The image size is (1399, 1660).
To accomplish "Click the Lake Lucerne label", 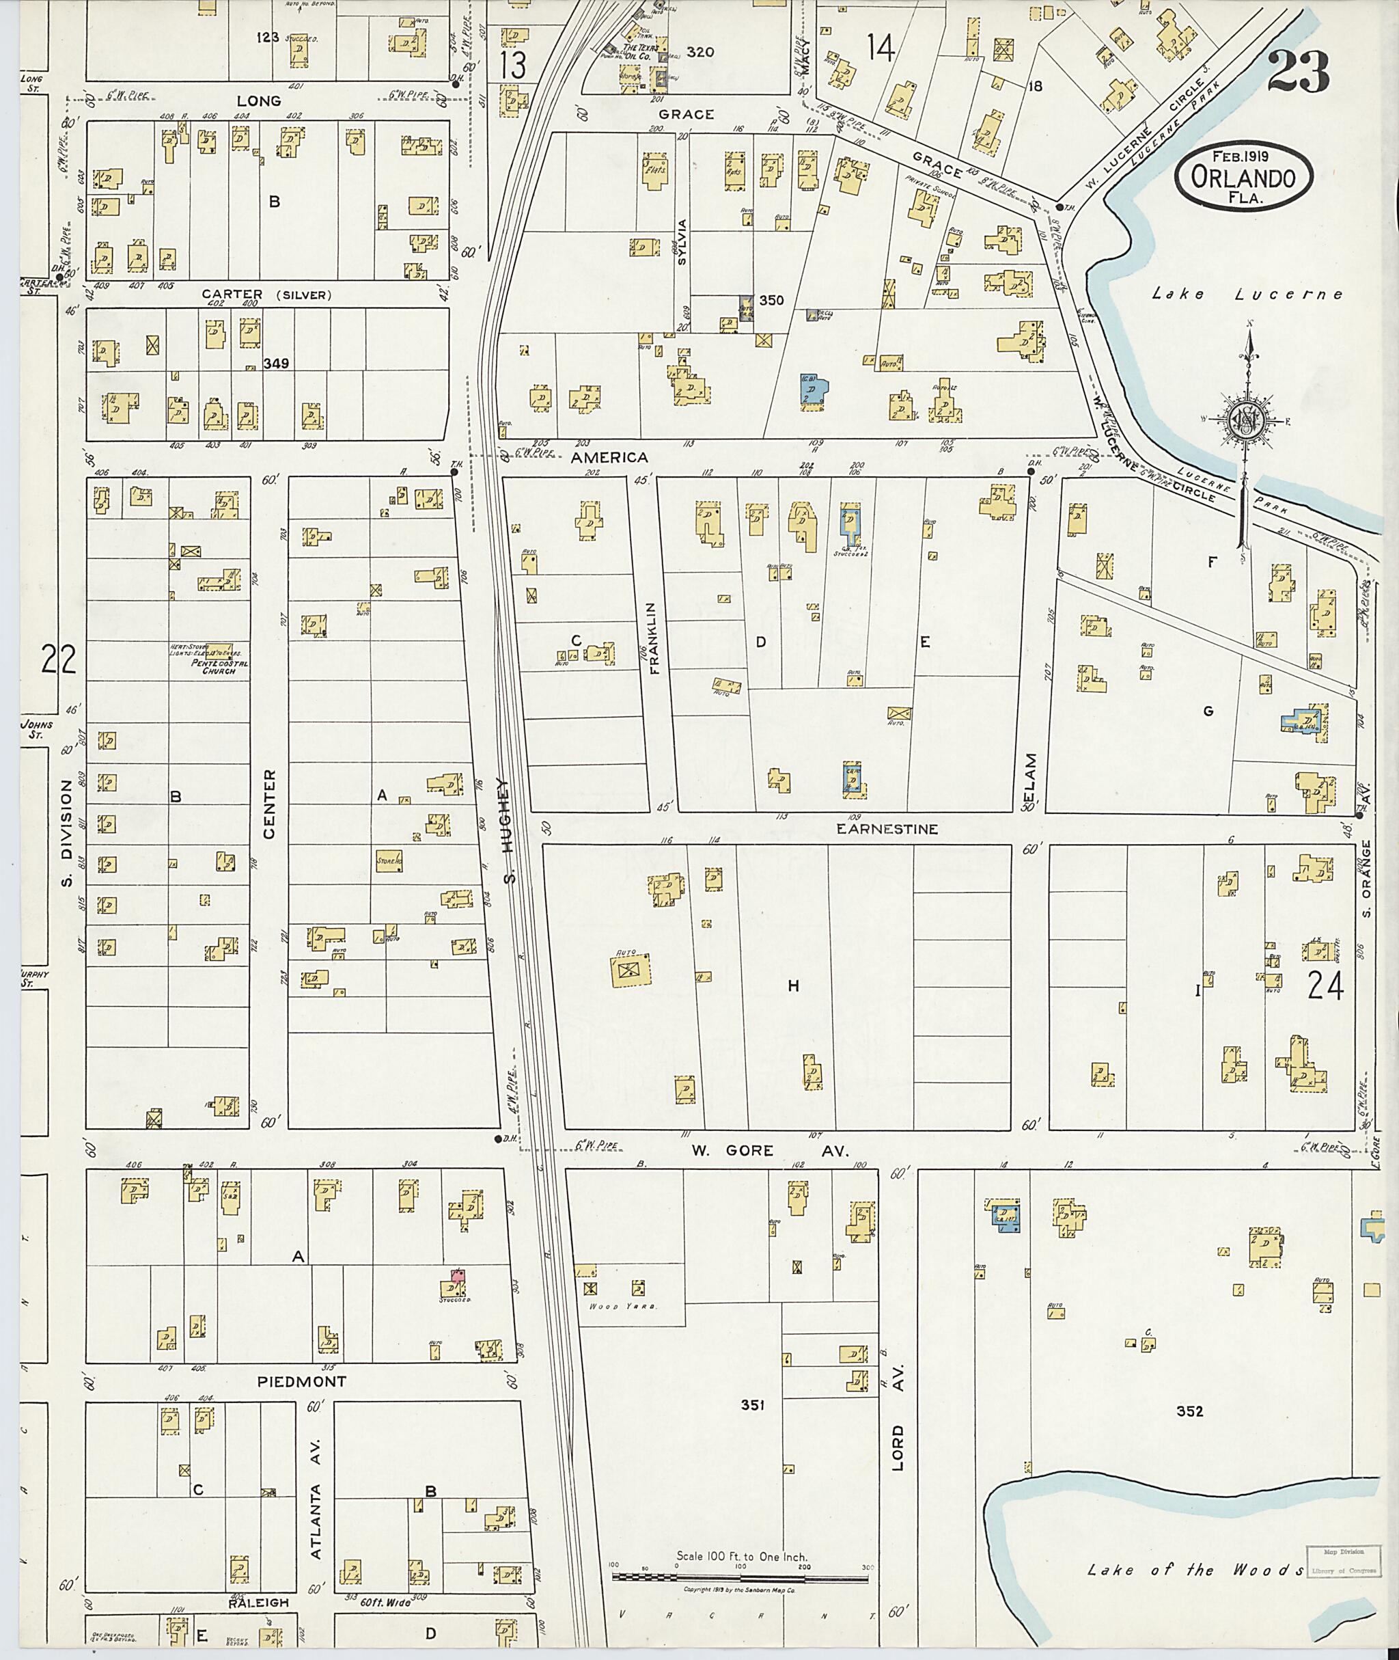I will [x=1247, y=295].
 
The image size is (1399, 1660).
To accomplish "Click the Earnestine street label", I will [x=887, y=828].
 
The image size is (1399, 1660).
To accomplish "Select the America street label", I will [x=609, y=458].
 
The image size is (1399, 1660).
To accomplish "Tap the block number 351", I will [x=752, y=1405].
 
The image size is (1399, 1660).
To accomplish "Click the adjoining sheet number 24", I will [x=1325, y=986].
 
